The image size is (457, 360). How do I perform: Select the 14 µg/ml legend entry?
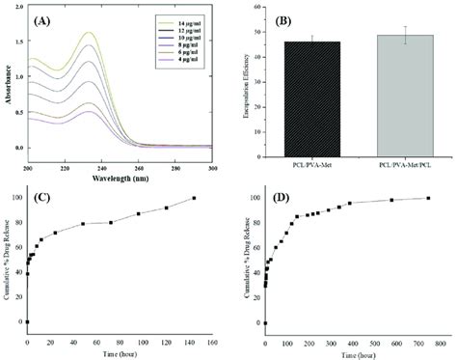point(174,18)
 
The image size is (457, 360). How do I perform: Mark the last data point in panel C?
point(194,198)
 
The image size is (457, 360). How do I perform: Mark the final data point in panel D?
point(427,198)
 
